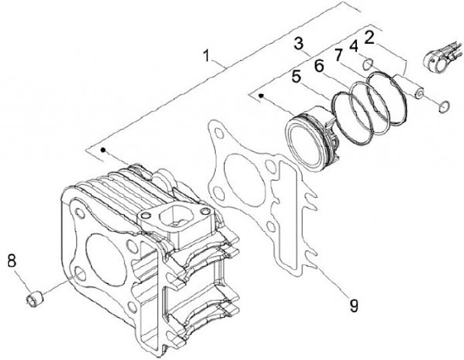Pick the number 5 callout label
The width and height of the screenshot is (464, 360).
[x=296, y=76]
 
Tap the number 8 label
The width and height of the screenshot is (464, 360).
[x=12, y=261]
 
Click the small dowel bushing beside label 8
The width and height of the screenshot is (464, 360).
[x=35, y=299]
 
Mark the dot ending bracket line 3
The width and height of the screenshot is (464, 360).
[x=261, y=96]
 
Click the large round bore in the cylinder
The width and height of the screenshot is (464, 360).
[x=106, y=249]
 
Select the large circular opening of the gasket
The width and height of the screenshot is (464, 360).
[x=242, y=174]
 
